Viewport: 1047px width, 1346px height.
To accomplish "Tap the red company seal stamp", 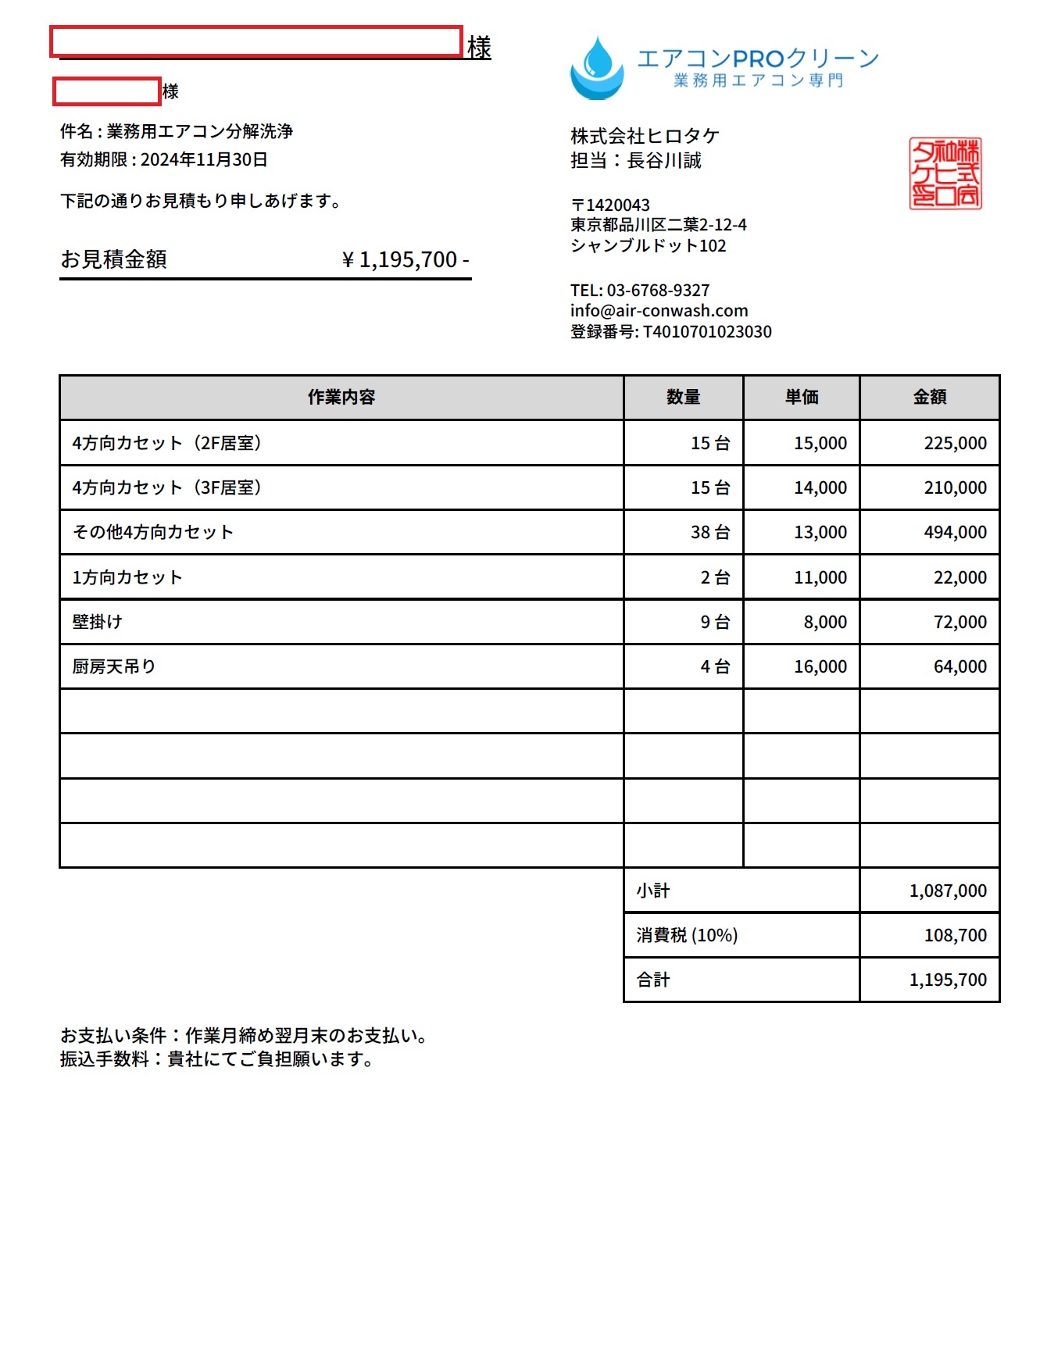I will pos(945,173).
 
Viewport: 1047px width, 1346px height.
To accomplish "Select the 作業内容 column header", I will pos(341,397).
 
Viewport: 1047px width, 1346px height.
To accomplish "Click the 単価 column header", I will pos(802,397).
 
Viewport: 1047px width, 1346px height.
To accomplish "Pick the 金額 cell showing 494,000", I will pos(955,533).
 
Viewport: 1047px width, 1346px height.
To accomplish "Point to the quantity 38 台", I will pos(710,533).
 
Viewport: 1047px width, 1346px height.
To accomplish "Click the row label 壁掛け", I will pos(98,622).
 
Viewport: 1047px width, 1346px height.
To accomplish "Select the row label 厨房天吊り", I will pos(114,666).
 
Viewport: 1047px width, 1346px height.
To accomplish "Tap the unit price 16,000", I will pos(820,666).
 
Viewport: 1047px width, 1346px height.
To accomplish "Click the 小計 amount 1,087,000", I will pos(948,891).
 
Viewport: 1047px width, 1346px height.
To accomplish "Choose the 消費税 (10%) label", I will pos(687,935).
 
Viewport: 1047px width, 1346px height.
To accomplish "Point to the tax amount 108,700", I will pos(955,935).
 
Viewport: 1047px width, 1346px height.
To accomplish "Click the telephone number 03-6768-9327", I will pos(658,291).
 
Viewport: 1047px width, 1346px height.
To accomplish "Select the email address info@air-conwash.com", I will pos(659,311).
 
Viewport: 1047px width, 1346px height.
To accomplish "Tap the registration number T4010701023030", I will pos(707,332).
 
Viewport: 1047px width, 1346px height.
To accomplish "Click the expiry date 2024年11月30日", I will pos(204,160).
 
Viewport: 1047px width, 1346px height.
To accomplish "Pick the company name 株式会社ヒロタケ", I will pos(645,137).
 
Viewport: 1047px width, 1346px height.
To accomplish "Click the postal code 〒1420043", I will pos(610,205).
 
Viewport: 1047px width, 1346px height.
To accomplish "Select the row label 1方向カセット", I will pos(127,577).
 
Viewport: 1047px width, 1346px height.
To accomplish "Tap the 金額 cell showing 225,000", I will pos(955,443).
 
